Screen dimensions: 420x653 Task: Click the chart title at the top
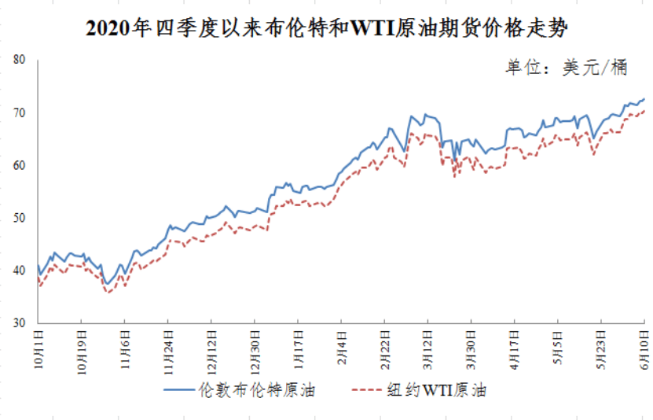[326, 29]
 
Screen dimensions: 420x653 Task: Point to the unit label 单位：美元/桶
[566, 68]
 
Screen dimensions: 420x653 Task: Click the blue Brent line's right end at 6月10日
[644, 99]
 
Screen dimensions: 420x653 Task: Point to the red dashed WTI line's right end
[644, 110]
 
